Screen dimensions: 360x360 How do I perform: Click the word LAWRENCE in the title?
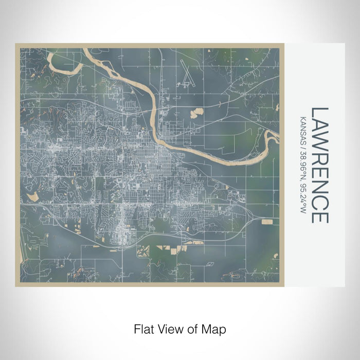coord(319,165)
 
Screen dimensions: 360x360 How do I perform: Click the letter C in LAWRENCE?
coord(319,203)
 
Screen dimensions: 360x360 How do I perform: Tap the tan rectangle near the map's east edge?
coord(267,222)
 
